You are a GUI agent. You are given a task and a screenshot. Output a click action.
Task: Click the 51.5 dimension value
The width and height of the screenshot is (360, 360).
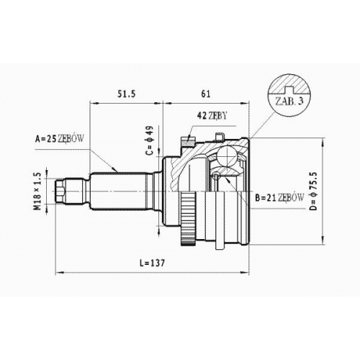(x=126, y=94)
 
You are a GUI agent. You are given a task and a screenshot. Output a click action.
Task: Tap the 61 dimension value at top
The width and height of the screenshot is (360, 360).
(x=206, y=94)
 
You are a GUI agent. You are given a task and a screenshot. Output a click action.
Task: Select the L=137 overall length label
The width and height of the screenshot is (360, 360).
(x=152, y=264)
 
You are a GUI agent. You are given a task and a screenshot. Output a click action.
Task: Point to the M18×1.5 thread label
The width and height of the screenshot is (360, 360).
(x=38, y=192)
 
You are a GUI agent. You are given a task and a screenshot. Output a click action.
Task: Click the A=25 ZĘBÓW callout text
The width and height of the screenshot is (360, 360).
(x=60, y=139)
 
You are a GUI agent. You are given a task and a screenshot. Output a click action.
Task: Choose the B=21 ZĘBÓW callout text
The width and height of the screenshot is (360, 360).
(x=279, y=198)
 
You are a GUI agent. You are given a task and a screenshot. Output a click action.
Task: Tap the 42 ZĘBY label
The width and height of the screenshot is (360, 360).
(x=212, y=116)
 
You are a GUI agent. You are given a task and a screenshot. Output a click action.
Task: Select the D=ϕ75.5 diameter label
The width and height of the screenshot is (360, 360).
(x=313, y=192)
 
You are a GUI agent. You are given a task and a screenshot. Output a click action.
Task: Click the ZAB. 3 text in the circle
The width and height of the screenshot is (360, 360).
(x=289, y=102)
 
